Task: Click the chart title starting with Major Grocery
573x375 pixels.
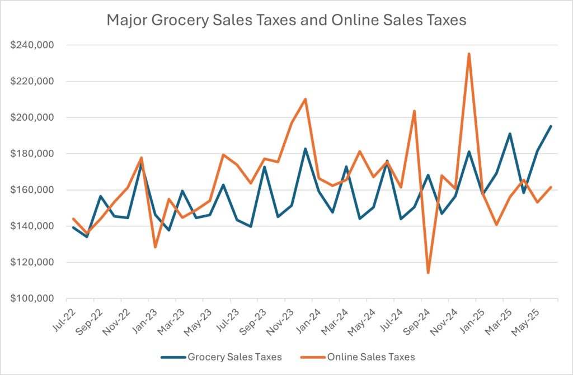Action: (x=286, y=21)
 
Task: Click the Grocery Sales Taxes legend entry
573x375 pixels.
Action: (x=220, y=356)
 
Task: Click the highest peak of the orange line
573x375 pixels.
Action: (x=469, y=54)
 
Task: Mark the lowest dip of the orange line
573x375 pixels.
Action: (x=428, y=273)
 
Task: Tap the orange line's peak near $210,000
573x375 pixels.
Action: (x=305, y=99)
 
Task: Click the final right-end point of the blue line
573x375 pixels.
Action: (x=551, y=126)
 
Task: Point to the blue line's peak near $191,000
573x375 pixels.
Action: (x=510, y=134)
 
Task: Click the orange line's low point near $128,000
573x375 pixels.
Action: (x=155, y=247)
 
